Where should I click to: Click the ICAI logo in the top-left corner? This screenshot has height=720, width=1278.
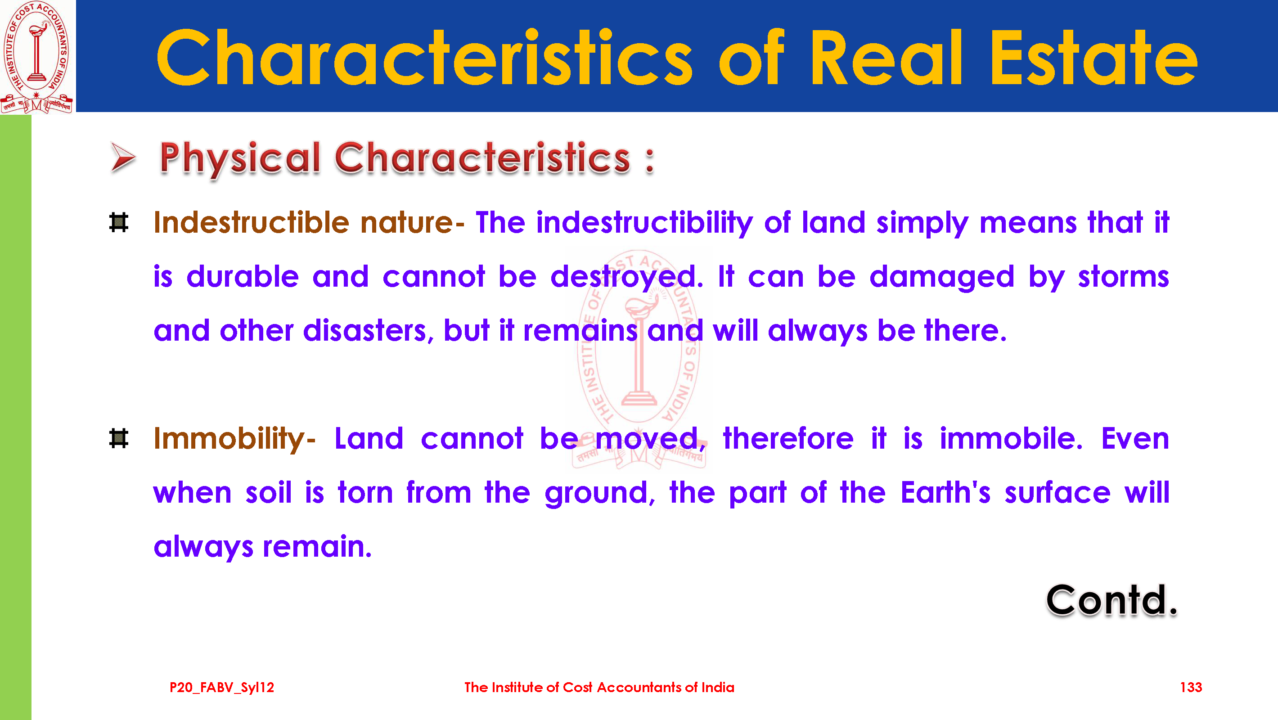click(37, 57)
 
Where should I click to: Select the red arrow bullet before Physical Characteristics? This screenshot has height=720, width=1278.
click(122, 158)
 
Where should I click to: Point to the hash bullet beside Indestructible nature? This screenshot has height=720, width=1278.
click(118, 222)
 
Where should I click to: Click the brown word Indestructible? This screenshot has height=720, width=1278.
click(251, 222)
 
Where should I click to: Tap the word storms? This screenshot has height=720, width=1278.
click(1123, 276)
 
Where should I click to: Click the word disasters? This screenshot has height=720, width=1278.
click(369, 330)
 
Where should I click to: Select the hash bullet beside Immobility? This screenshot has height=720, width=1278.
click(118, 439)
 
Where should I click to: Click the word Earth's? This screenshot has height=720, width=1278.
click(945, 493)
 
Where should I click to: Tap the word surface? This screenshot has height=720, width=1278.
click(1057, 493)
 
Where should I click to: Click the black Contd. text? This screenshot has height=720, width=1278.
click(1111, 600)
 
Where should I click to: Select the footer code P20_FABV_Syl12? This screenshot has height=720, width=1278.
click(222, 687)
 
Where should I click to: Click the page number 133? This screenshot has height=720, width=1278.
click(1191, 687)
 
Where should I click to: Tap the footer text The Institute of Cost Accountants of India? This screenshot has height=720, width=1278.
click(599, 687)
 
